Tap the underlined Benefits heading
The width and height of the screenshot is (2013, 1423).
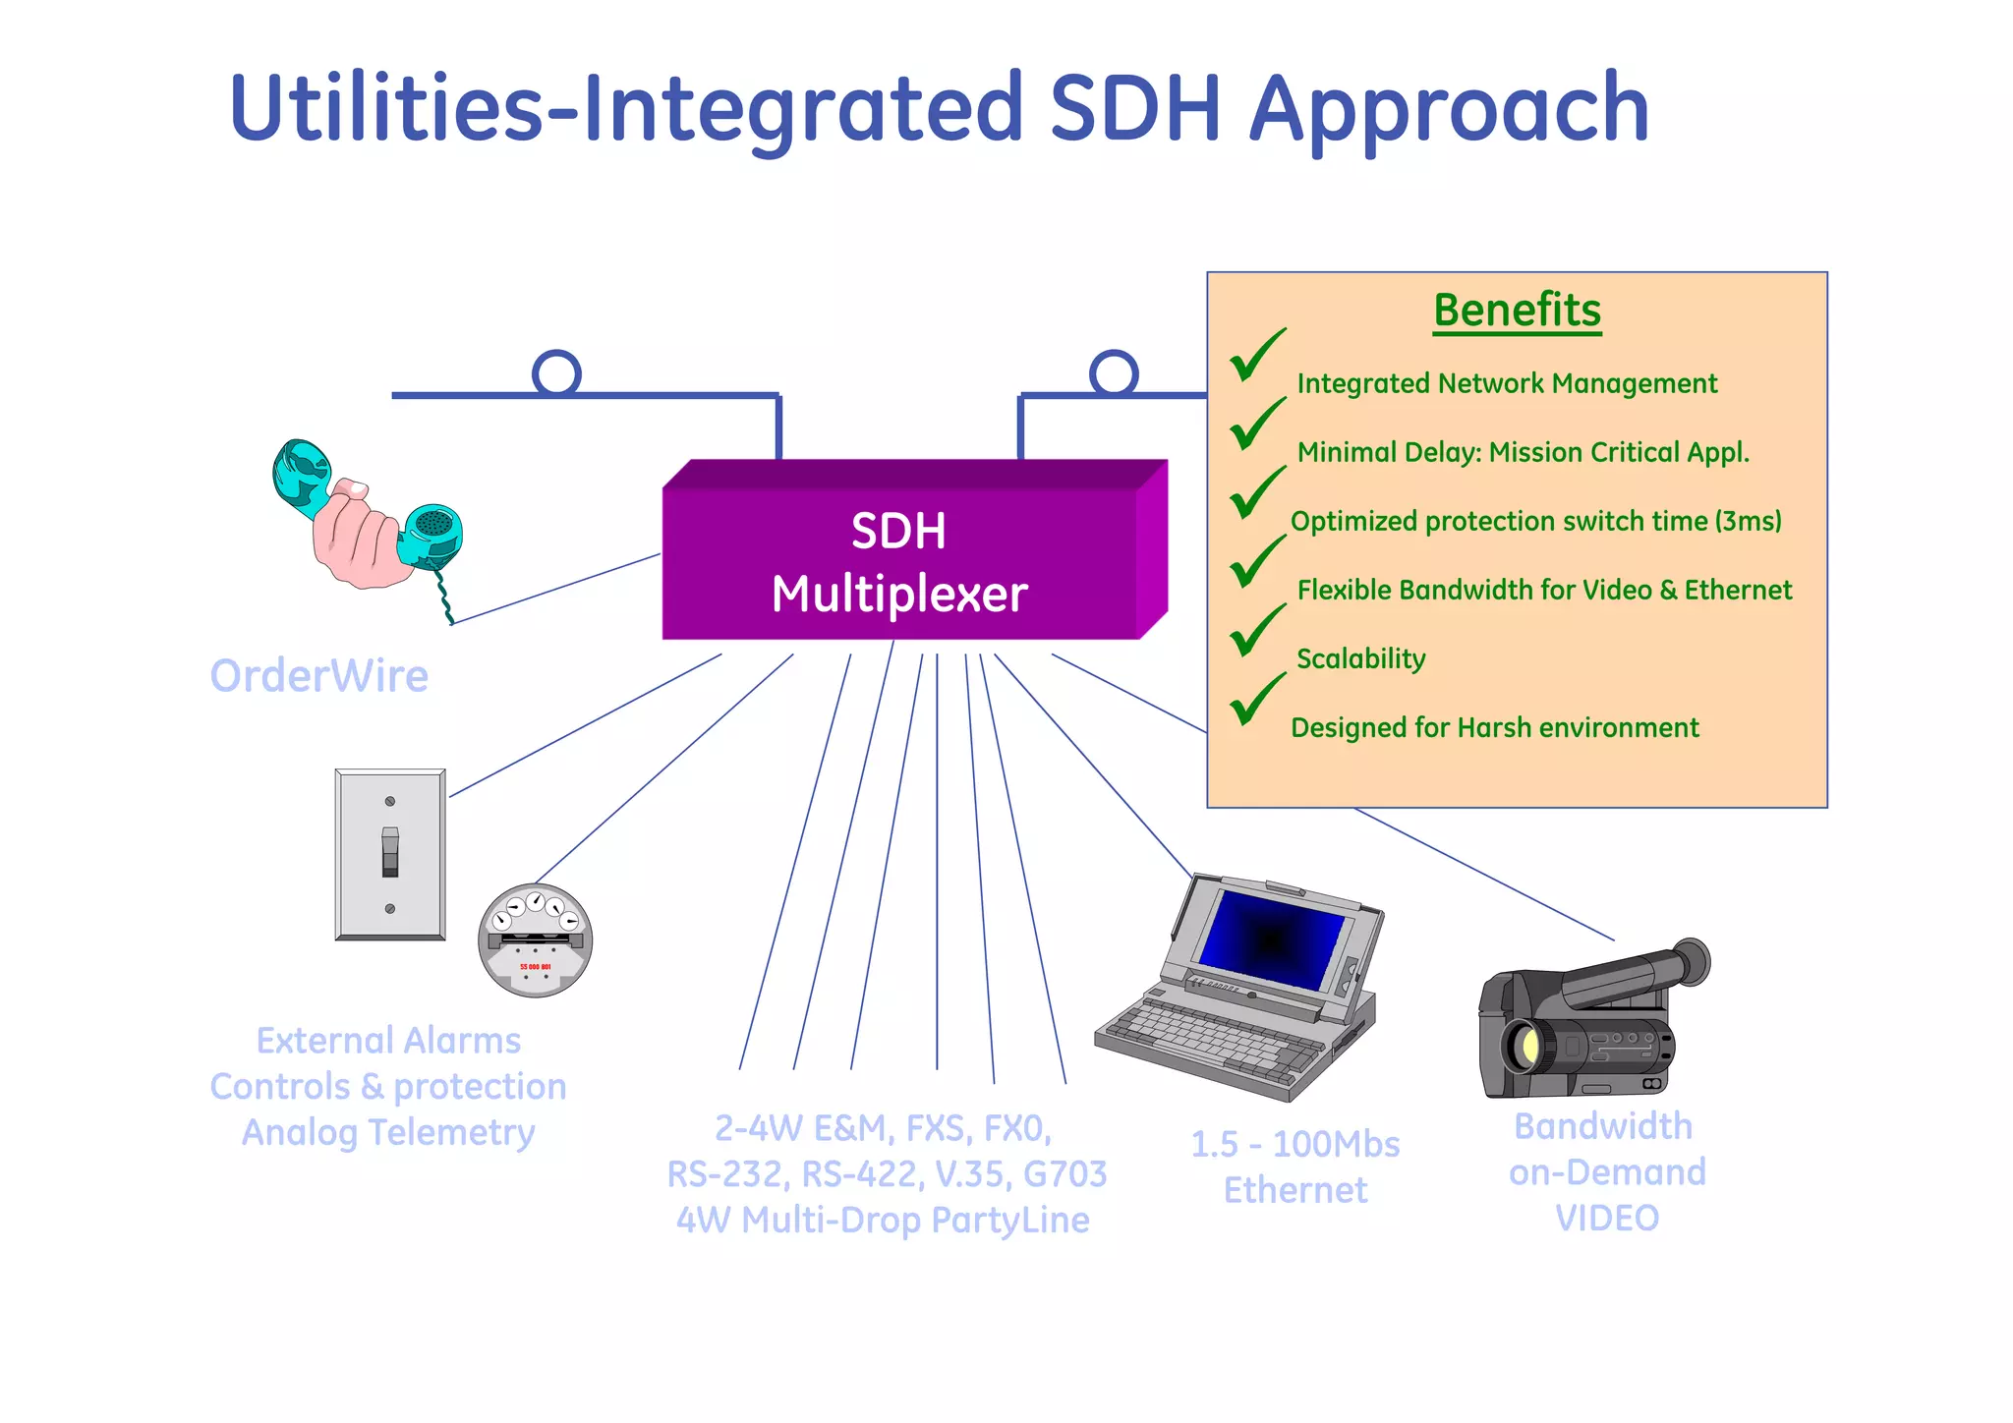click(x=1517, y=311)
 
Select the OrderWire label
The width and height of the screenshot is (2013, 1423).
click(x=319, y=676)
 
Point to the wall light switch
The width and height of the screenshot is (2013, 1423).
click(x=390, y=854)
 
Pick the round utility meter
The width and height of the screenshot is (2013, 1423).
click(x=535, y=940)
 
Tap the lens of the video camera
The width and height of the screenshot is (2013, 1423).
click(x=1524, y=1047)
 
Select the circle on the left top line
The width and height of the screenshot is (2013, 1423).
click(x=556, y=373)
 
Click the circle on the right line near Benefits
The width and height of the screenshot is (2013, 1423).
click(x=1114, y=373)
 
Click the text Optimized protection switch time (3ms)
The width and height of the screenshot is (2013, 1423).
click(x=1535, y=521)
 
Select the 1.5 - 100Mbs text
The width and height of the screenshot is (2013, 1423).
click(x=1294, y=1145)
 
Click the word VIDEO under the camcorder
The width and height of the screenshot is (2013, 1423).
click(x=1606, y=1219)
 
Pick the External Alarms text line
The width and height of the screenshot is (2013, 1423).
click(x=388, y=1041)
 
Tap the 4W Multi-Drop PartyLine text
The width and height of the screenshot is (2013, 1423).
click(x=882, y=1221)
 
